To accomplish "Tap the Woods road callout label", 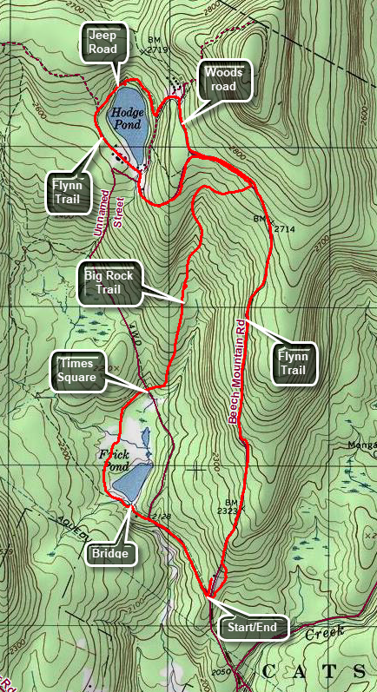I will [x=224, y=81].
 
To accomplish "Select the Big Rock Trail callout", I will [x=109, y=286].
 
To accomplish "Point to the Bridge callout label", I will [x=111, y=553].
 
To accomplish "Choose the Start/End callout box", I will [x=250, y=627].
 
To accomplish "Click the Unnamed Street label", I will [x=112, y=195].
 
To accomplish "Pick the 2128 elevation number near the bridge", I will [x=162, y=517].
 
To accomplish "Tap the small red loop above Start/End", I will [x=218, y=575].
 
